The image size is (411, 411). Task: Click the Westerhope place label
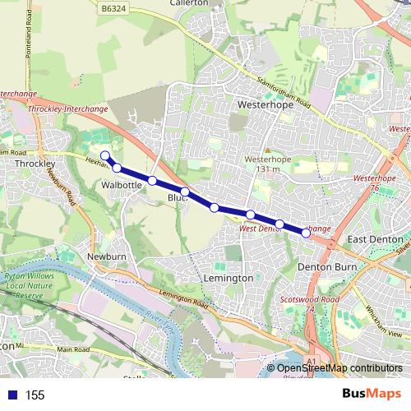259,105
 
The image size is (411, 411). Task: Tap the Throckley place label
35,164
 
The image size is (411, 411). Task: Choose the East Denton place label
374,239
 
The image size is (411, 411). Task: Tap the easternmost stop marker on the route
307,233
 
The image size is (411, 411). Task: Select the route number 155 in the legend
35,395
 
